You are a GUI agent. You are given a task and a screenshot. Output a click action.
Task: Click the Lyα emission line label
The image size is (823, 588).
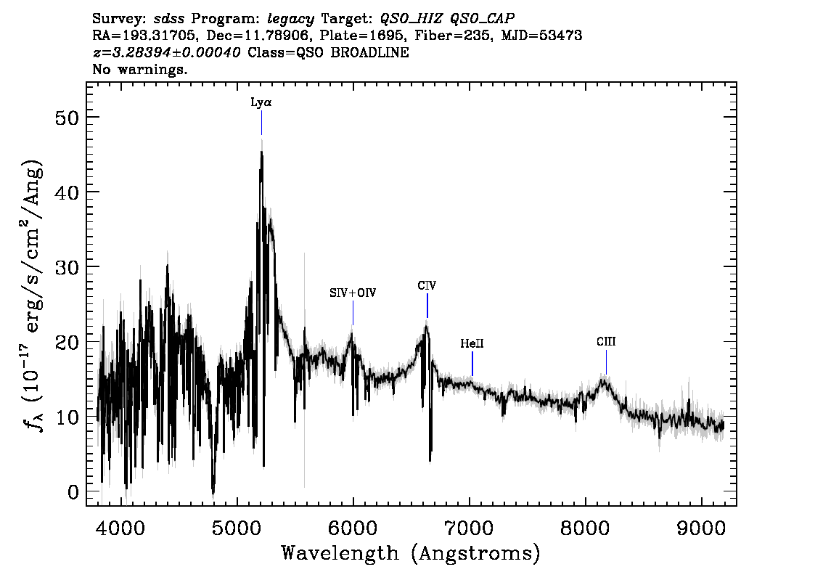261,102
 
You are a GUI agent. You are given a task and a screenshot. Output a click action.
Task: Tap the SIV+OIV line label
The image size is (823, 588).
353,293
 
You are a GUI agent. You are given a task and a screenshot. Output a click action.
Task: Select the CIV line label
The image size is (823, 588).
427,285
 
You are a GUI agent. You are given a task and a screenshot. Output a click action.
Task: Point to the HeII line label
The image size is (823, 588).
472,343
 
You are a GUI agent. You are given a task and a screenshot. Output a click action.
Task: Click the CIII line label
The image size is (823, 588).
606,342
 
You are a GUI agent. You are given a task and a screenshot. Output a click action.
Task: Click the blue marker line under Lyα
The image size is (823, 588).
261,123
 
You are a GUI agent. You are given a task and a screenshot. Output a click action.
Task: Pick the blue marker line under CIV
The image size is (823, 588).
427,306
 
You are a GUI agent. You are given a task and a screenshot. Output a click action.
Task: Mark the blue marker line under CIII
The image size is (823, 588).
606,362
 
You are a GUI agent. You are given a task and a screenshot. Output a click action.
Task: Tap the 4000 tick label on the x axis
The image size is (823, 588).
122,528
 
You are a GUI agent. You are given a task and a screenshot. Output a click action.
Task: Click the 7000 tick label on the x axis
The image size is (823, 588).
470,528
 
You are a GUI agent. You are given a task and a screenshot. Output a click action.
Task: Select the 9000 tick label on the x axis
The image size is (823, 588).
702,528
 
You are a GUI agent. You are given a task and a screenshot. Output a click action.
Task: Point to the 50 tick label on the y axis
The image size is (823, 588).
67,118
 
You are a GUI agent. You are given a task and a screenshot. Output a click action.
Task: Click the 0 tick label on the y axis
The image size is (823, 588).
73,492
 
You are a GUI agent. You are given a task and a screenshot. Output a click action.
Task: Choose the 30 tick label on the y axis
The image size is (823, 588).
67,267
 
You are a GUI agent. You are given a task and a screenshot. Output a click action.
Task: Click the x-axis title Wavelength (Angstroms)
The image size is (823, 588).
411,553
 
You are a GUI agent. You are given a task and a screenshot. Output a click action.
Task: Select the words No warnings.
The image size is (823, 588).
139,69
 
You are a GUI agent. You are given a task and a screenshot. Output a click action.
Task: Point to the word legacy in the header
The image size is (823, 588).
291,20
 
